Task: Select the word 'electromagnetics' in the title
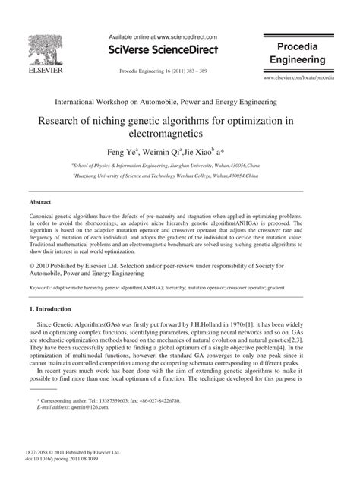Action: pyautogui.click(x=180, y=139)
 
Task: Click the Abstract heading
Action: pyautogui.click(x=41, y=224)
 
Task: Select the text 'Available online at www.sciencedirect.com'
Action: pyautogui.click(x=163, y=36)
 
